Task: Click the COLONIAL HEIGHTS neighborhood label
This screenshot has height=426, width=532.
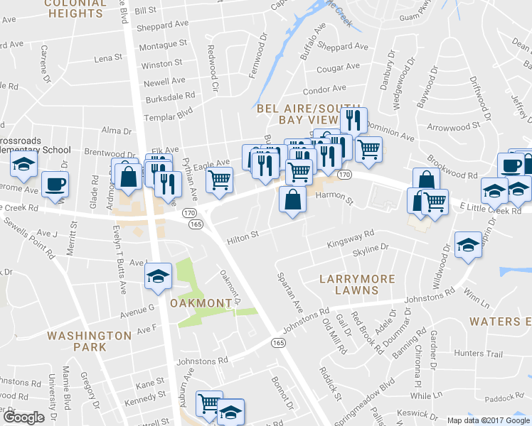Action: pyautogui.click(x=73, y=9)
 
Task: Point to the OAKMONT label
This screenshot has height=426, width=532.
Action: pyautogui.click(x=201, y=303)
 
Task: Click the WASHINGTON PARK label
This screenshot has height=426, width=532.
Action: pyautogui.click(x=89, y=341)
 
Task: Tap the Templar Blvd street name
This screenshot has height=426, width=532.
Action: pyautogui.click(x=169, y=112)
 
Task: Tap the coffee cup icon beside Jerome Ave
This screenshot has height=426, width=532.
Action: pyautogui.click(x=55, y=185)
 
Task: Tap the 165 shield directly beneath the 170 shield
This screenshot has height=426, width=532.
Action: pyautogui.click(x=197, y=224)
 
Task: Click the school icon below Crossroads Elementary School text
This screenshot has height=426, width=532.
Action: pyautogui.click(x=24, y=165)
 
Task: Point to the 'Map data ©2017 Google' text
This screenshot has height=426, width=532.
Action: pyautogui.click(x=489, y=420)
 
